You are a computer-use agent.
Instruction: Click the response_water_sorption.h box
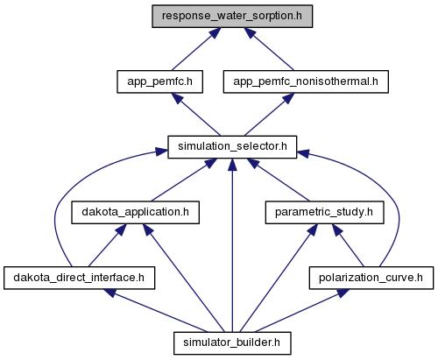(x=232, y=17)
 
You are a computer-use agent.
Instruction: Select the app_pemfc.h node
(x=159, y=81)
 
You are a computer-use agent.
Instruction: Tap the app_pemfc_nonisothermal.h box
(x=306, y=81)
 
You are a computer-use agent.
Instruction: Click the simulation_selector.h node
(x=232, y=147)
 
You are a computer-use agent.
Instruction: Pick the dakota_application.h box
(x=135, y=213)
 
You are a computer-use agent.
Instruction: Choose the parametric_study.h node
(x=324, y=213)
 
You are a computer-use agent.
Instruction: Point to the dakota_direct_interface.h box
(x=79, y=278)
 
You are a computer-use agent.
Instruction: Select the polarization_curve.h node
(x=371, y=278)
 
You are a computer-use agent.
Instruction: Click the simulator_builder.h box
(x=232, y=343)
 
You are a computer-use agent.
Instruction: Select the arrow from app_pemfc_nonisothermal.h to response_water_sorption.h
(x=269, y=49)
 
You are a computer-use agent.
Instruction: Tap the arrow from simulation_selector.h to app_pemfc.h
(x=196, y=115)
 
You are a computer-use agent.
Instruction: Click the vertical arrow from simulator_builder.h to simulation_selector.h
(x=232, y=245)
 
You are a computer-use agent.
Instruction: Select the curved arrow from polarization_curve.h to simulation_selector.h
(x=398, y=204)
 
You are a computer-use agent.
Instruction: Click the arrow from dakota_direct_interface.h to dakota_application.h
(x=107, y=245)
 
